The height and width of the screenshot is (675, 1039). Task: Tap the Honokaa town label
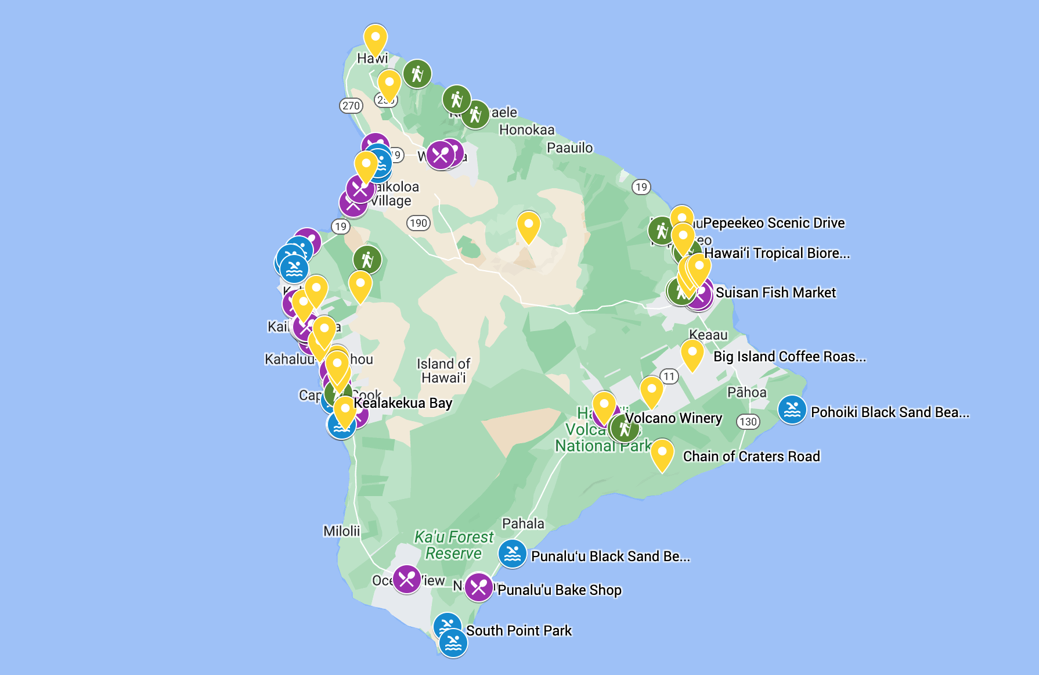coord(526,130)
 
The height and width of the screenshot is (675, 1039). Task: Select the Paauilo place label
coord(569,148)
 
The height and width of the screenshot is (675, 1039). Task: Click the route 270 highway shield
coord(351,106)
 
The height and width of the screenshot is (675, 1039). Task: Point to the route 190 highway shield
coord(418,223)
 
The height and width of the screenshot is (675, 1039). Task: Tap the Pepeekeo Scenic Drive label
coord(773,223)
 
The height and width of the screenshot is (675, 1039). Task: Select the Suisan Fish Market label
coord(775,293)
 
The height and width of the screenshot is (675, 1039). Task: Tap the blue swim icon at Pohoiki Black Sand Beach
coord(792,410)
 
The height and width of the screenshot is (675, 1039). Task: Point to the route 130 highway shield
coord(748,422)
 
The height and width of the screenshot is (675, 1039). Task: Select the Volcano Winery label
coord(673,418)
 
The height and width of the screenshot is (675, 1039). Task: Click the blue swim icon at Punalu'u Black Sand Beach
coord(513,554)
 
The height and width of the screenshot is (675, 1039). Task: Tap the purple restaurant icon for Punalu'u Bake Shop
coord(479,587)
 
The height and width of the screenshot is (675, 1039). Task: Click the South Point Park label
coord(519,631)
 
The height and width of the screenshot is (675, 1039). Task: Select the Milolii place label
coord(341,531)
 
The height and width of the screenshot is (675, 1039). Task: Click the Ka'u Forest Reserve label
coord(453,545)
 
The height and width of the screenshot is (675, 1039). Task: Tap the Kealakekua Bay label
coord(403,403)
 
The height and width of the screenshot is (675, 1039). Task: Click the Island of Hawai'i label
coord(443,371)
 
